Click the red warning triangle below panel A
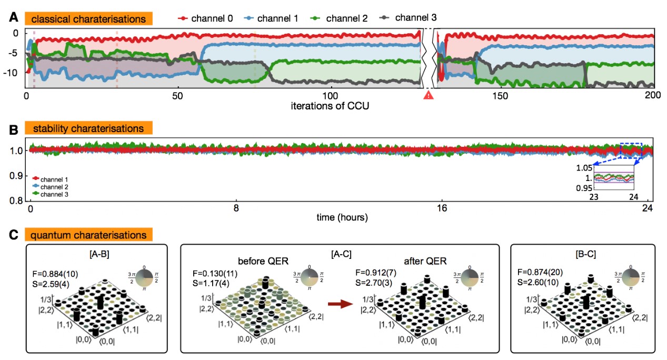tap(428, 95)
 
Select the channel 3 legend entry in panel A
tap(411, 18)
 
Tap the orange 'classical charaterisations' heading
tap(88, 18)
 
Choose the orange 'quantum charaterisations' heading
tap(88, 234)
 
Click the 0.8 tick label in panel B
tap(16, 201)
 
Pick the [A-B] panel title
tap(96, 256)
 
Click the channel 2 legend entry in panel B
tap(51, 187)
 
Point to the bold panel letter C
tap(15, 234)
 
